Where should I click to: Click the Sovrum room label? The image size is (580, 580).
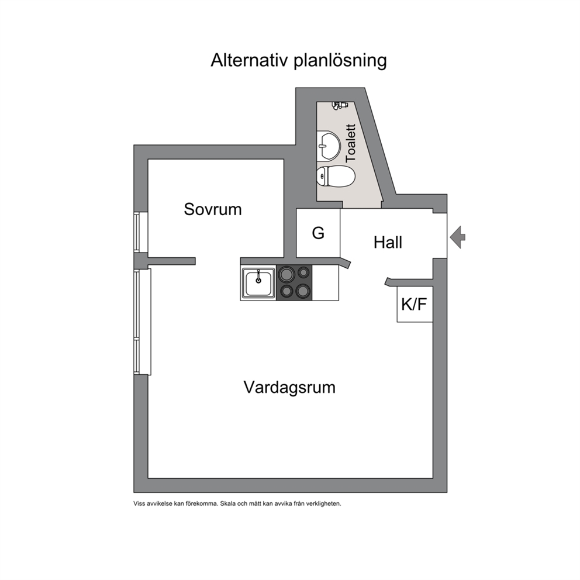[x=213, y=209]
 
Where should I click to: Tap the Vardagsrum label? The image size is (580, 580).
[x=289, y=388]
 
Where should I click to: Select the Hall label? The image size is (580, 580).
[x=388, y=243]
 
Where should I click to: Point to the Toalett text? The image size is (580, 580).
[x=350, y=143]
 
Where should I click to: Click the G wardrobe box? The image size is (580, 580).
[x=318, y=233]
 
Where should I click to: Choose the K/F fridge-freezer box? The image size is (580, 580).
[x=415, y=304]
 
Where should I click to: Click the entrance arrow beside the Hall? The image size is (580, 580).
[x=458, y=237]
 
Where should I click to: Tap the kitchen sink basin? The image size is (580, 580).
[x=258, y=283]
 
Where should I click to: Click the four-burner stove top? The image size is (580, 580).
[x=295, y=282]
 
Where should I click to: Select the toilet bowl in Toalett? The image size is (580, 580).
[x=336, y=177]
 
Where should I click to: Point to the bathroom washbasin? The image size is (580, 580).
[x=329, y=146]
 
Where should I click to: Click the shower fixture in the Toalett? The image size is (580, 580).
[x=340, y=105]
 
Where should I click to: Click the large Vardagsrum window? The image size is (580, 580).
[x=143, y=322]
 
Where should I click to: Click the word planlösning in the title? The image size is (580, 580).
[x=340, y=61]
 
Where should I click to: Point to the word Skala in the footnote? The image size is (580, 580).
[x=227, y=503]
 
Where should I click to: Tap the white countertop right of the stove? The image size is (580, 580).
[x=326, y=282]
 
